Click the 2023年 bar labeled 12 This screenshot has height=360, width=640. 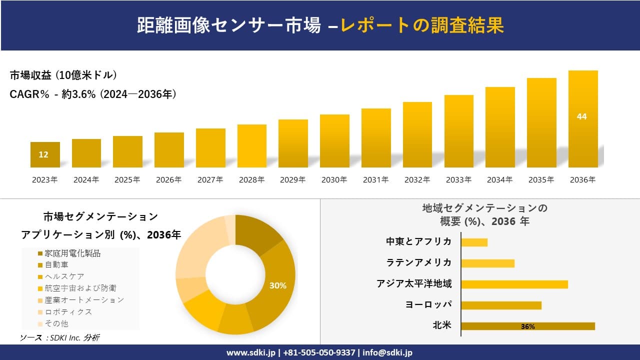click(x=45, y=154)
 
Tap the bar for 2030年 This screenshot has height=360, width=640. click(x=334, y=141)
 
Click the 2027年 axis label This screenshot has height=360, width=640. click(x=210, y=180)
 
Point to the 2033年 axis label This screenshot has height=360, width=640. click(x=458, y=180)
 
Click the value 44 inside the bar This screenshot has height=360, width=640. click(x=581, y=116)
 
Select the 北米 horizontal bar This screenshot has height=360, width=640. click(x=528, y=326)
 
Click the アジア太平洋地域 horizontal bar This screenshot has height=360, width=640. click(x=514, y=284)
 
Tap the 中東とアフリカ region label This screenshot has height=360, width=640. click(x=419, y=241)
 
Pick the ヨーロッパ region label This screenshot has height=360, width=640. click(x=429, y=304)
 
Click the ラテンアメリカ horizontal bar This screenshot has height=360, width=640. click(x=487, y=263)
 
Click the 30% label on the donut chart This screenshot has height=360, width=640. click(x=278, y=285)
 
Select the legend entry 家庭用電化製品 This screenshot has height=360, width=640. click(x=72, y=253)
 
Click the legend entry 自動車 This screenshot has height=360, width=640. click(x=56, y=264)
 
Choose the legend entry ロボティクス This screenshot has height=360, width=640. click(x=68, y=311)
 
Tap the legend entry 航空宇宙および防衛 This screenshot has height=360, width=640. click(x=80, y=288)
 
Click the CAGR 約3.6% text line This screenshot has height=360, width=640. click(x=93, y=94)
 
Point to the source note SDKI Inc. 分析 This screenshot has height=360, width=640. click(x=60, y=338)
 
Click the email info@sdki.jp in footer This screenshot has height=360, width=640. click(x=388, y=352)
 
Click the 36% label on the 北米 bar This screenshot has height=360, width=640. click(x=527, y=326)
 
